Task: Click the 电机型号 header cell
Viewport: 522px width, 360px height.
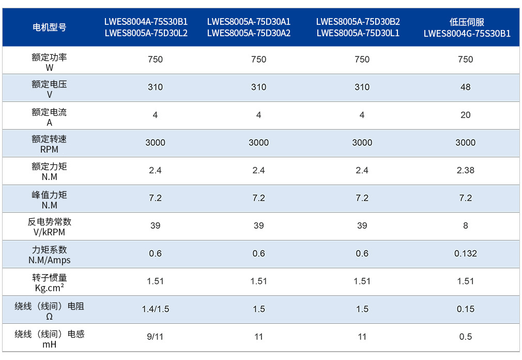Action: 49,27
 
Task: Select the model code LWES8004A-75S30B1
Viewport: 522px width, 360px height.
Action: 146,22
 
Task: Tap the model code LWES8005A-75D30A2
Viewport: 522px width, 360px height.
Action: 249,33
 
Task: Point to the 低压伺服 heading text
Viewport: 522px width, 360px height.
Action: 467,22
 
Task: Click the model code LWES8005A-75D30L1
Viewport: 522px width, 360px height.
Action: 358,33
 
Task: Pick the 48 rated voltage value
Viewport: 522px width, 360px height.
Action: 465,87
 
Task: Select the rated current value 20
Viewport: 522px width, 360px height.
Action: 465,115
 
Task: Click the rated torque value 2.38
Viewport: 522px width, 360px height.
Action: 465,170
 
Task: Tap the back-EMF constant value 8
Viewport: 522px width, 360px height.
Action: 465,226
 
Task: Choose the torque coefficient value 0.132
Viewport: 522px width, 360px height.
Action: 465,253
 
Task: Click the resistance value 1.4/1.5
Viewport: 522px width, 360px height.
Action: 156,309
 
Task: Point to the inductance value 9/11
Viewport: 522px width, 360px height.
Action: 155,337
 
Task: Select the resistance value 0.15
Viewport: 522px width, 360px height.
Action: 465,309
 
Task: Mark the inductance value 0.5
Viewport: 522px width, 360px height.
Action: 465,337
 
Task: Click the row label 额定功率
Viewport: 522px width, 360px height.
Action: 49,57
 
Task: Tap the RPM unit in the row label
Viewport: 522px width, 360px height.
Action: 49,149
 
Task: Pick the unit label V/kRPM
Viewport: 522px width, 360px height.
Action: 49,232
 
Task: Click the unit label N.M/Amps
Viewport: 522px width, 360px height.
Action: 49,260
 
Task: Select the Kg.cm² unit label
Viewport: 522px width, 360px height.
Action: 49,288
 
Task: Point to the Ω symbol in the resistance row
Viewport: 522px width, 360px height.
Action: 49,317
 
